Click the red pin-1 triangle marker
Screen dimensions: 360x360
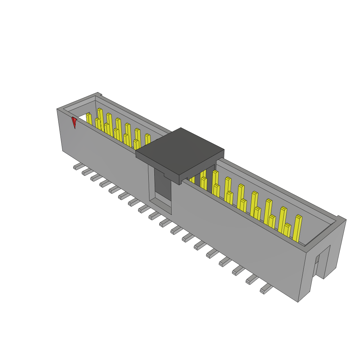point(74,122)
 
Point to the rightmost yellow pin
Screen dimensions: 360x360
point(297,229)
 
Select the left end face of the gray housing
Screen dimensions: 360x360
point(60,130)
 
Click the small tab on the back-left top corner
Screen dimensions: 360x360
point(99,94)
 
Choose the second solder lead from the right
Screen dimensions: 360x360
point(252,279)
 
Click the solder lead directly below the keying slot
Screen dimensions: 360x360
point(154,215)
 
